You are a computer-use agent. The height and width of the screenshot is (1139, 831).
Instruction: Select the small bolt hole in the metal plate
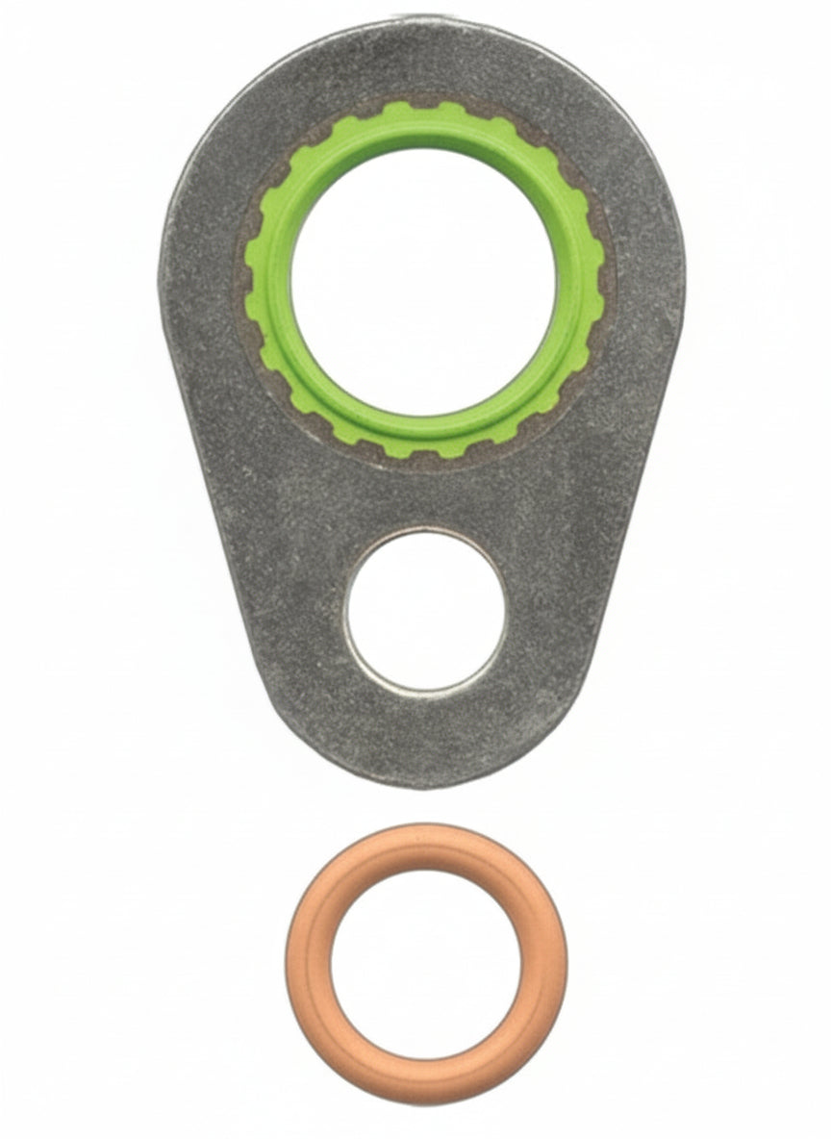click(x=425, y=610)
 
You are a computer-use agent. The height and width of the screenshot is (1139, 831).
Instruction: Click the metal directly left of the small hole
click(x=289, y=610)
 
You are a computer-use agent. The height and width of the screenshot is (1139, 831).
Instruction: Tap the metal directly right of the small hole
click(x=558, y=610)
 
